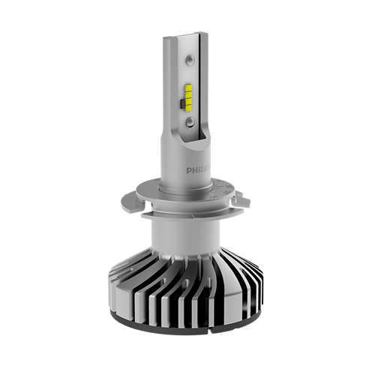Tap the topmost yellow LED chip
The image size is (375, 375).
[188, 88]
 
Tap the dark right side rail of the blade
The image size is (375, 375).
[205, 90]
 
